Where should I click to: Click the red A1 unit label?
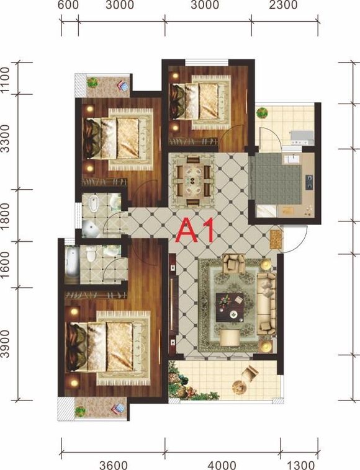pyautogui.click(x=196, y=230)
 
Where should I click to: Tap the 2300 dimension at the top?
pyautogui.click(x=283, y=5)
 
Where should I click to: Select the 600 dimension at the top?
pyautogui.click(x=68, y=5)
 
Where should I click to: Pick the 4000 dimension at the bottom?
pyautogui.click(x=222, y=465)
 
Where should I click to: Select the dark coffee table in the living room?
pyautogui.click(x=230, y=308)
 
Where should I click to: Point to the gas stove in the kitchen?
pyautogui.click(x=309, y=182)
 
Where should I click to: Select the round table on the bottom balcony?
pyautogui.click(x=239, y=388)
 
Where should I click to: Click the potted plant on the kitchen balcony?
pyautogui.click(x=262, y=113)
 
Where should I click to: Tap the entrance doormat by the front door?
pyautogui.click(x=276, y=239)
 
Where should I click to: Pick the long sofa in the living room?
pyautogui.click(x=266, y=303)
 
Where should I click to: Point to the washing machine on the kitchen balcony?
pyautogui.click(x=302, y=138)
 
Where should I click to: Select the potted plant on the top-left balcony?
pyautogui.click(x=92, y=82)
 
